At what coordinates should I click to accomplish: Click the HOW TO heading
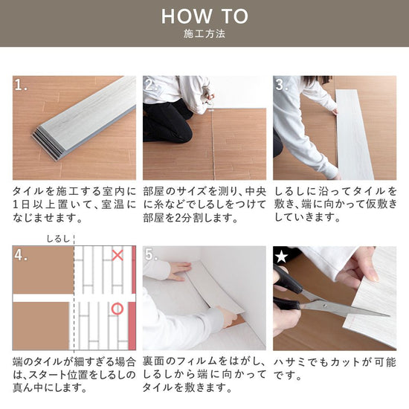tap(204, 16)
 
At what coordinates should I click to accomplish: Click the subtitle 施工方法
tap(204, 34)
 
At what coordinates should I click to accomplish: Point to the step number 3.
tap(282, 85)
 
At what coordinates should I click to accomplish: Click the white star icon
tap(281, 255)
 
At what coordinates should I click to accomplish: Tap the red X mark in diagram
tap(117, 256)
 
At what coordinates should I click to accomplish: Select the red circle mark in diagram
tap(117, 308)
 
